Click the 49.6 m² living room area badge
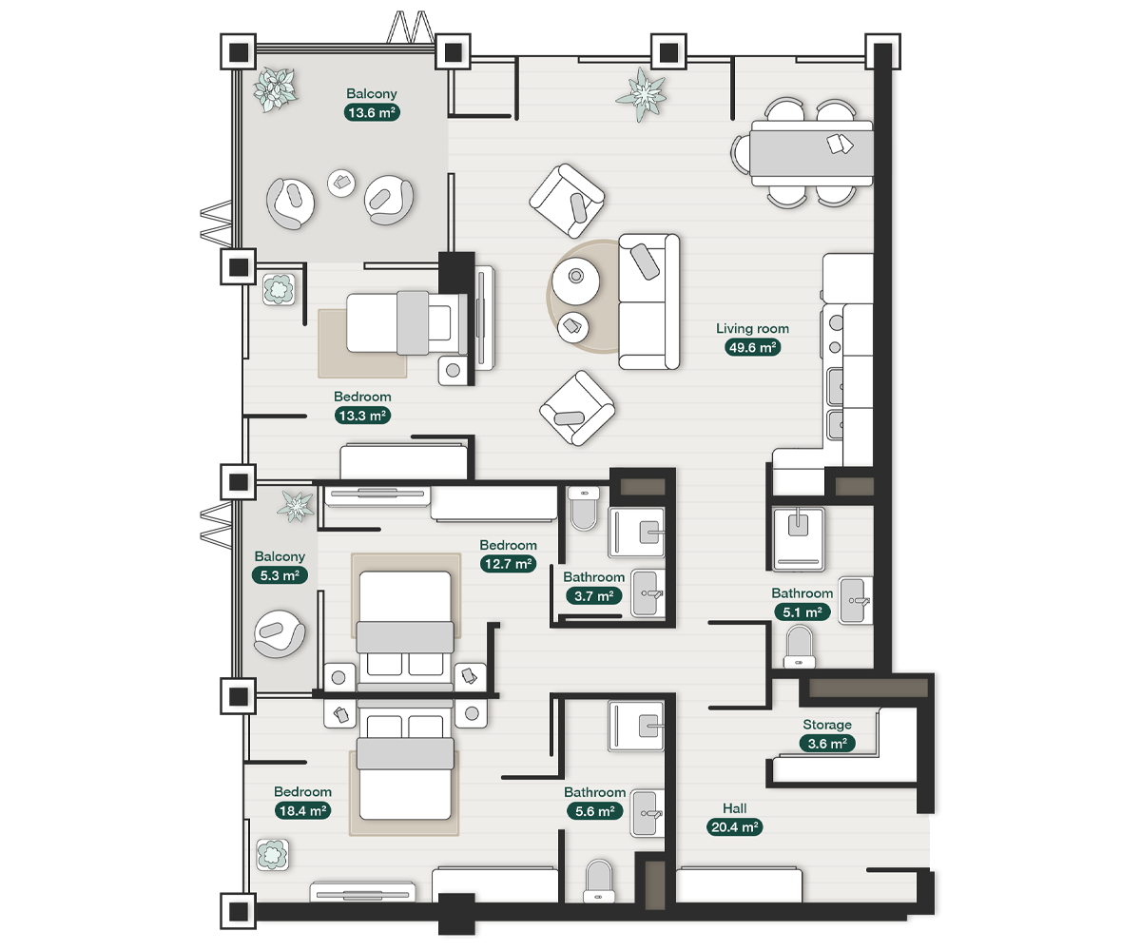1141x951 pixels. point(753,347)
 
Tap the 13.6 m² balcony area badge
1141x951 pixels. point(371,112)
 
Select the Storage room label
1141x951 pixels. point(826,725)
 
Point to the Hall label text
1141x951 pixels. point(734,808)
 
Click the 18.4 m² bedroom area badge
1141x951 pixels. point(302,811)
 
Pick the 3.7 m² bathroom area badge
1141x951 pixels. point(593,596)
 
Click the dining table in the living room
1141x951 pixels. point(811,152)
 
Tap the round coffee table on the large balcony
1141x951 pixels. point(341,183)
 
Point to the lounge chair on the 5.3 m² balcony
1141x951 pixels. point(279,632)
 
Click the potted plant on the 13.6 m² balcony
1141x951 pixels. point(276,87)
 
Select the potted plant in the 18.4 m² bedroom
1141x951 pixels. point(273,854)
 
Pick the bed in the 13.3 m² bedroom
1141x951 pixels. point(399,322)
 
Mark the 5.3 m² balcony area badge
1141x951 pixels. point(280,575)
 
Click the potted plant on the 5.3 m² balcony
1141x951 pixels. point(295,505)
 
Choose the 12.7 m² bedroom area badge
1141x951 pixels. point(508,564)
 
